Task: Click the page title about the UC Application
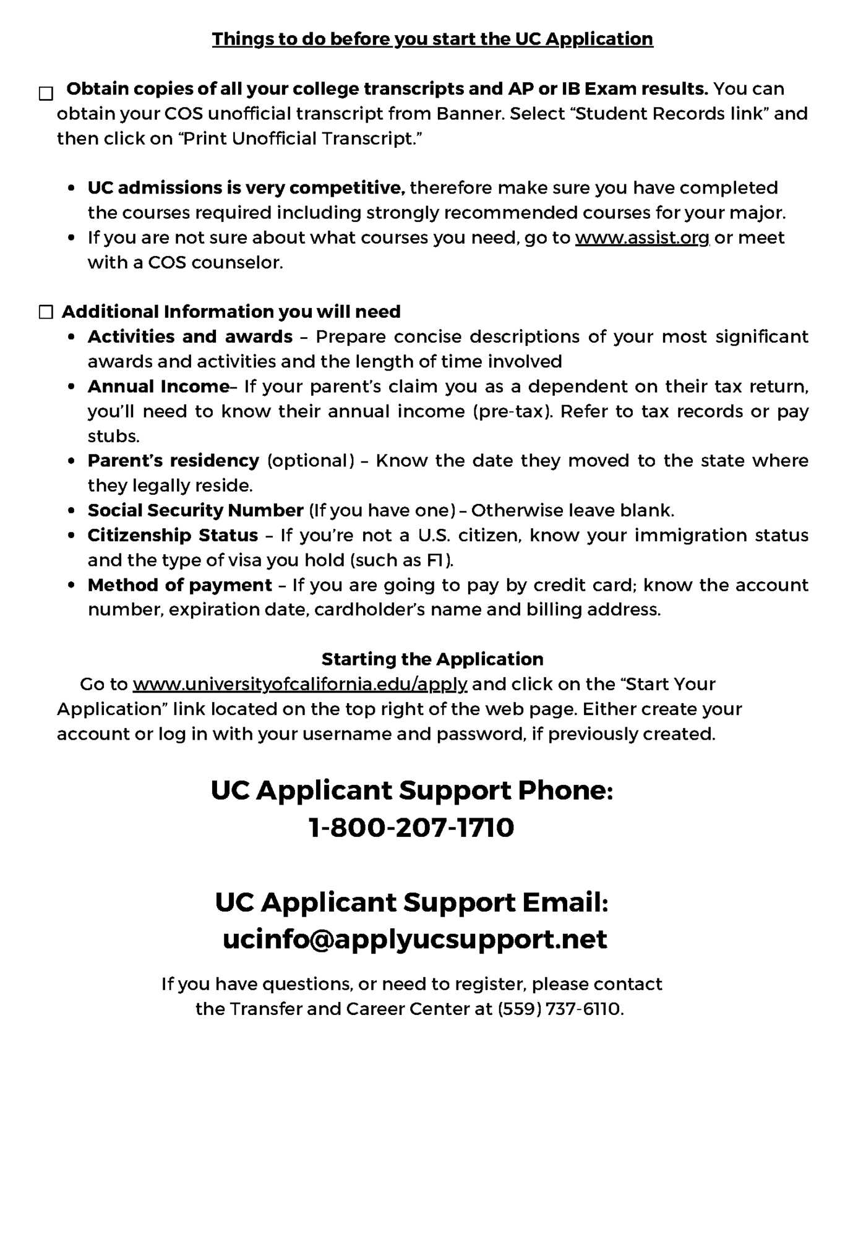pos(432,39)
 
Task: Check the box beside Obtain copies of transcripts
pos(46,93)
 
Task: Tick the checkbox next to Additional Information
pos(46,312)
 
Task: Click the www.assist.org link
pos(642,237)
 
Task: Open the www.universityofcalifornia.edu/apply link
pos(300,684)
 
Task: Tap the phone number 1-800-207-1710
pos(411,828)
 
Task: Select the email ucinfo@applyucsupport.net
pos(414,939)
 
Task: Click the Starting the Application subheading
pos(432,659)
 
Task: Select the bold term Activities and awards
pos(190,336)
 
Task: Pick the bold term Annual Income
pos(158,387)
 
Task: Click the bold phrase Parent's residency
pos(173,461)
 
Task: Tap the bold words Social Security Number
pos(195,510)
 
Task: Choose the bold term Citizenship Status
pos(173,535)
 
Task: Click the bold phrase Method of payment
pos(179,585)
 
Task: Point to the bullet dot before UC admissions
pos(73,188)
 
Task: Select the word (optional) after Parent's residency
pos(311,461)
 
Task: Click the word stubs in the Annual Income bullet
pos(113,436)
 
